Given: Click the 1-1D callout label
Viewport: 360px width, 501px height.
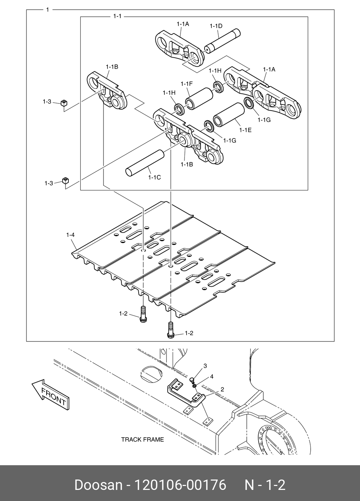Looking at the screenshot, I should (x=216, y=26).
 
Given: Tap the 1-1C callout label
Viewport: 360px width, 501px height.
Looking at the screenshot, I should (x=155, y=177).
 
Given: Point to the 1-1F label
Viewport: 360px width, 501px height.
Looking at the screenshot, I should (x=187, y=84).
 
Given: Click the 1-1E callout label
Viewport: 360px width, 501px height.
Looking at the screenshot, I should (x=245, y=130).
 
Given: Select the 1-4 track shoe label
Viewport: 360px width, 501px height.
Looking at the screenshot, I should (x=70, y=235).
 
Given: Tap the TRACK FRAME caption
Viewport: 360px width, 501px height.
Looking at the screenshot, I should (x=142, y=439).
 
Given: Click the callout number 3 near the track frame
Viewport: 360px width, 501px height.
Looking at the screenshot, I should (x=205, y=366).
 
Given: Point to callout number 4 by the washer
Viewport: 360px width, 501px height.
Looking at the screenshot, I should (x=212, y=376).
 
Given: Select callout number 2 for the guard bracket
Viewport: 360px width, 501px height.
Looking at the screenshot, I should (x=222, y=389).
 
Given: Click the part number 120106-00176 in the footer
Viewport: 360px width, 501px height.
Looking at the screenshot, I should (x=180, y=485).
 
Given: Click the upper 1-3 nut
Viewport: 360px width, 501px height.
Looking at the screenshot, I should (x=63, y=103).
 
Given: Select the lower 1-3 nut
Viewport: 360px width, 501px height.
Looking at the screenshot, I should (x=65, y=180).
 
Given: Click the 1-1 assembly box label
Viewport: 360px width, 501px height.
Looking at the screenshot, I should (x=117, y=16).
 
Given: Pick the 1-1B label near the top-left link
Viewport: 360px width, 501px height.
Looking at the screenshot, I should (x=112, y=67).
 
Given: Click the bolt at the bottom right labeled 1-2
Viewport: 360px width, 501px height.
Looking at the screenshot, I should (x=170, y=329).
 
